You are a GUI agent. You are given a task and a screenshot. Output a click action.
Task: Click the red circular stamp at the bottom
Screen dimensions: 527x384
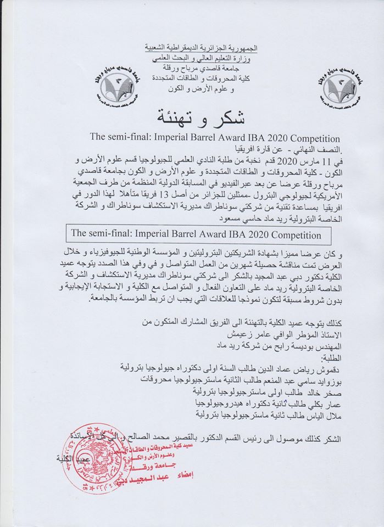[101, 465]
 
